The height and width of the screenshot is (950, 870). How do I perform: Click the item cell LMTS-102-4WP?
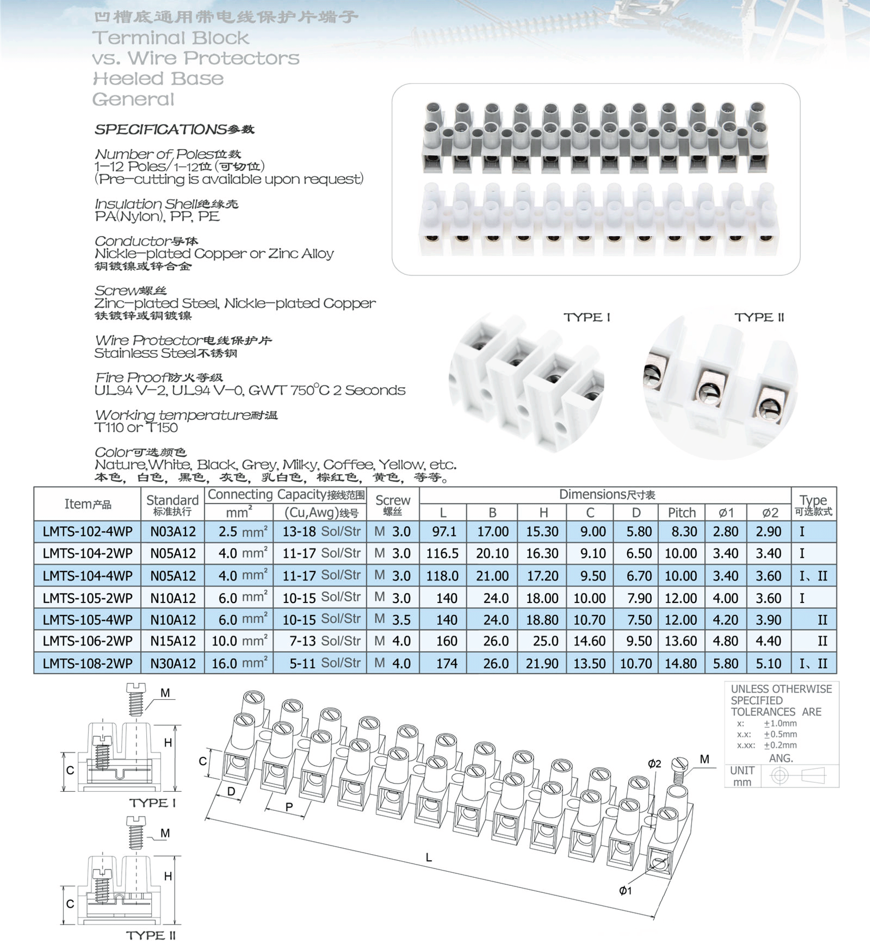tap(88, 531)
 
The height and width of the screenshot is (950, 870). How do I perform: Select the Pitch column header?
tap(682, 513)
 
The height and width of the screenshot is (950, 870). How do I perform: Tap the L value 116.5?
tap(442, 553)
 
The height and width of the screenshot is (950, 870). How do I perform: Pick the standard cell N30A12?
tap(173, 663)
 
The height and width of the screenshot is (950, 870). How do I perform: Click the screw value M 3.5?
tap(393, 620)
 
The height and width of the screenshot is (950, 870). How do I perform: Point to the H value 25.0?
tap(543, 641)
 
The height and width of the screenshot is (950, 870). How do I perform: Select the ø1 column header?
tap(726, 513)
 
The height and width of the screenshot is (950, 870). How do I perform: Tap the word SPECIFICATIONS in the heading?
tap(160, 129)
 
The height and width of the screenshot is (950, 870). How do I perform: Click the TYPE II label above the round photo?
tap(759, 317)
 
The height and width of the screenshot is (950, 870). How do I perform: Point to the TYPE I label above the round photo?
tap(587, 317)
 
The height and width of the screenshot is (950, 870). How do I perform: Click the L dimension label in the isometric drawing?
tap(429, 858)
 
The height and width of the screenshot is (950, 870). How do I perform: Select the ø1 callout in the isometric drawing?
tap(625, 891)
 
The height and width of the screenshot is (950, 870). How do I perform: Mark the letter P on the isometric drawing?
tap(289, 807)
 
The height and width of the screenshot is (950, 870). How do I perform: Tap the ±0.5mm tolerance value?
tap(781, 734)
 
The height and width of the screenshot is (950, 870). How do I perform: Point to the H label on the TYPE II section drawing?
tap(168, 876)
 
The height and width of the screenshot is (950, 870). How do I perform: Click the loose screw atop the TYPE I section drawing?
tap(136, 699)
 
